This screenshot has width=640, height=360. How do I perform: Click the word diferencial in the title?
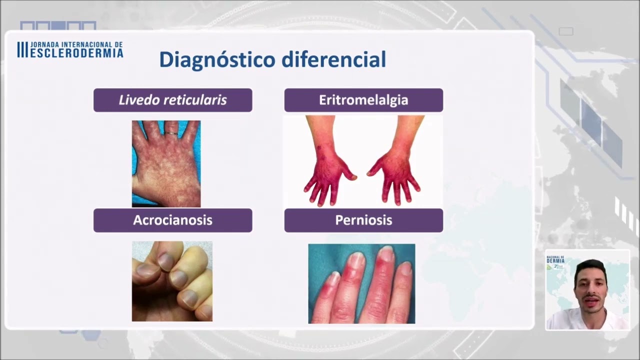(333, 60)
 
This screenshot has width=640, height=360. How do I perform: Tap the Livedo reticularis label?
(172, 100)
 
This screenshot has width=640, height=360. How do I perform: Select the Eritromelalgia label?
(363, 100)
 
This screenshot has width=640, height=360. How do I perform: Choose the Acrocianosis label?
(172, 220)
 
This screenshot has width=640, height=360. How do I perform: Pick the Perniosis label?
(363, 220)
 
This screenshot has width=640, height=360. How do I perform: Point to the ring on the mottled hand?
(171, 133)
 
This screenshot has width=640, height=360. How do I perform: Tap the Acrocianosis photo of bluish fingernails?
(172, 281)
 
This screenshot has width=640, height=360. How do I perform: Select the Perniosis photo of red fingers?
(361, 283)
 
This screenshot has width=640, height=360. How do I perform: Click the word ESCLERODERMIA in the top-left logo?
(76, 52)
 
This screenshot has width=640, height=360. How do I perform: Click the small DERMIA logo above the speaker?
(556, 259)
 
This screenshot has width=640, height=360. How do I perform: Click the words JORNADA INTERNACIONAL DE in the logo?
(76, 44)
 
